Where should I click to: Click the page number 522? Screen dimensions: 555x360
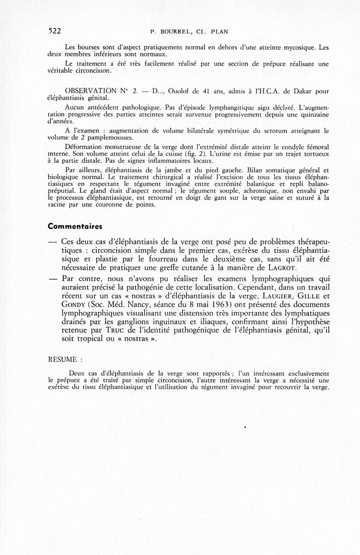point(54,31)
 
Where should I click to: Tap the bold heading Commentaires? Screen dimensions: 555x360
point(75,226)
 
